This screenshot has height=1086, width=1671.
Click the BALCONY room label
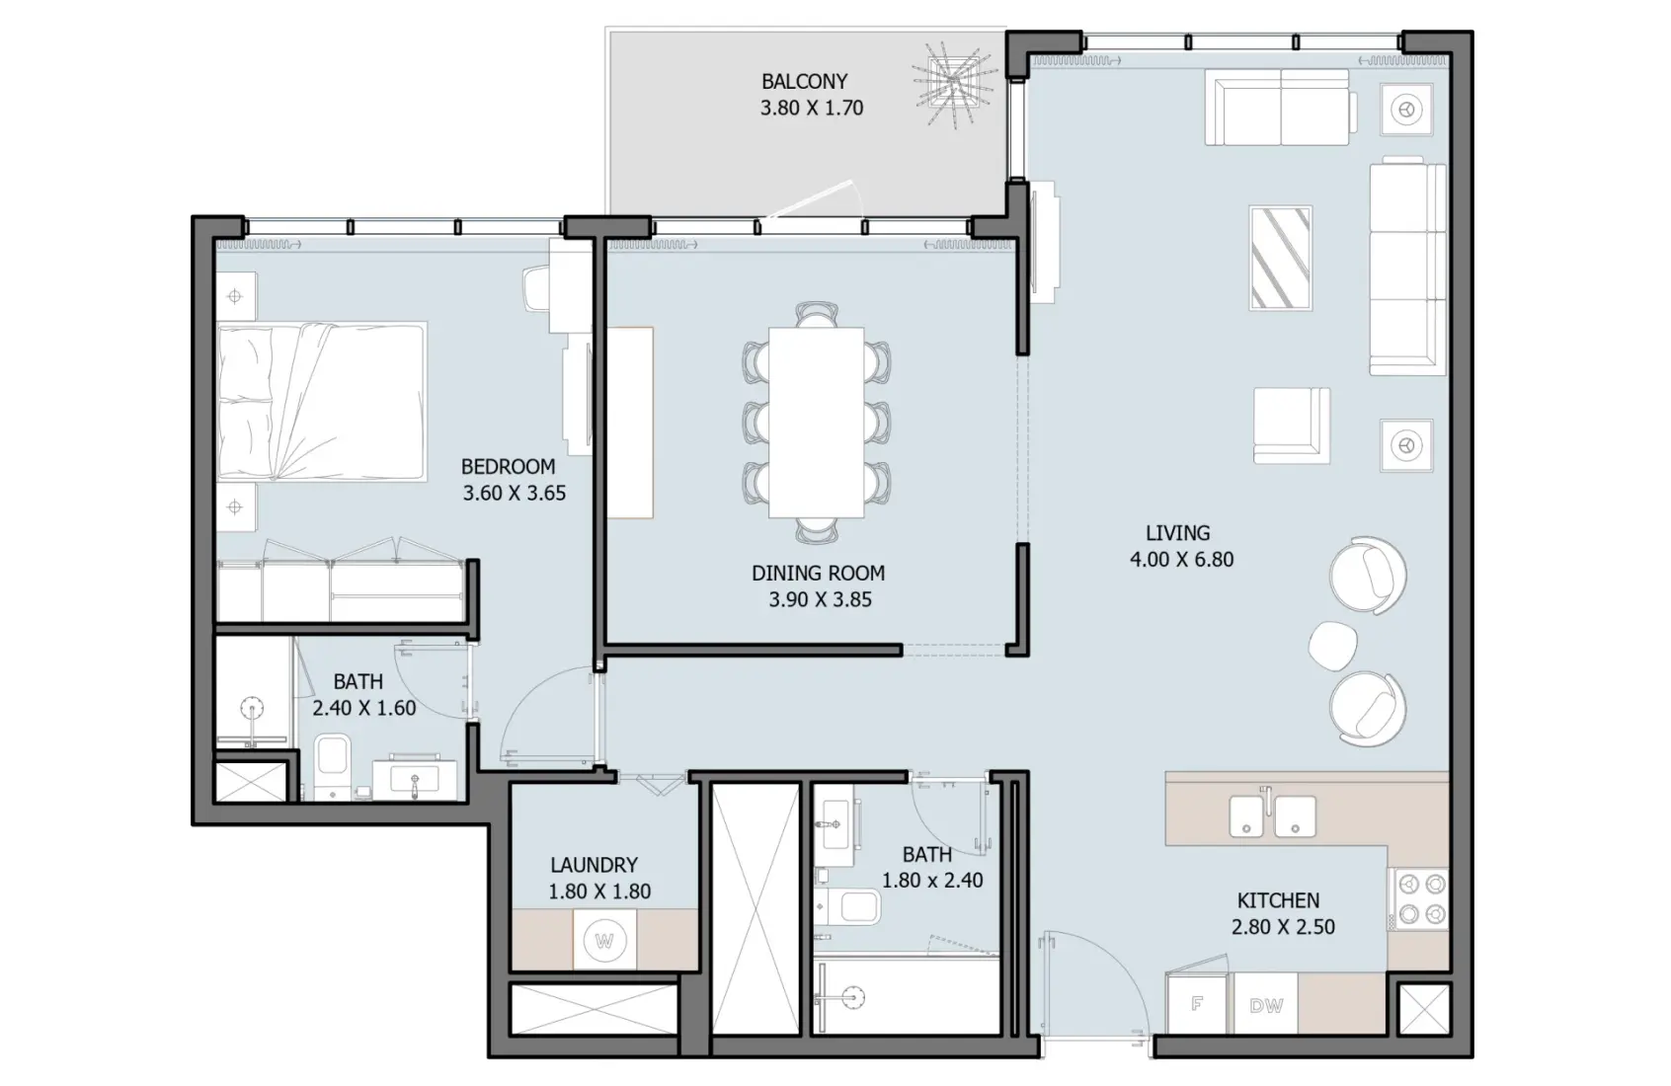pyautogui.click(x=804, y=82)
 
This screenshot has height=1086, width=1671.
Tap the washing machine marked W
pyautogui.click(x=604, y=941)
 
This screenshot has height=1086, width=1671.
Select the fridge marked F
pyautogui.click(x=1198, y=1004)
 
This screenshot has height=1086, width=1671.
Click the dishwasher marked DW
pyautogui.click(x=1265, y=1005)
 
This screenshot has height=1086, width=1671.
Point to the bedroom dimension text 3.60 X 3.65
pyautogui.click(x=514, y=494)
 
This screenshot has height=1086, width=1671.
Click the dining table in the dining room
pyautogui.click(x=816, y=423)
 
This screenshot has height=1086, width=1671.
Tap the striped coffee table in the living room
pyautogui.click(x=1280, y=259)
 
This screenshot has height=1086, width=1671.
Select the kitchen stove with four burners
pyautogui.click(x=1418, y=898)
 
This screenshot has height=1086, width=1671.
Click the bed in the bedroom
pyautogui.click(x=321, y=402)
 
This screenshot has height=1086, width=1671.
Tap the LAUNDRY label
pyautogui.click(x=594, y=865)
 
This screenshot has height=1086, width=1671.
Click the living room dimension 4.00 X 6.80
pyautogui.click(x=1181, y=560)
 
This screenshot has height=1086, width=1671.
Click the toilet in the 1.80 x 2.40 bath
pyautogui.click(x=854, y=906)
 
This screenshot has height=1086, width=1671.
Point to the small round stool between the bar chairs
pyautogui.click(x=1333, y=644)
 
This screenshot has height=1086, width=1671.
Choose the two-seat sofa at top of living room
pyautogui.click(x=1278, y=107)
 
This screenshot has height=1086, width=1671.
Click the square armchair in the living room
pyautogui.click(x=1291, y=425)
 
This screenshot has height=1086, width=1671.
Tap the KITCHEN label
pyautogui.click(x=1278, y=900)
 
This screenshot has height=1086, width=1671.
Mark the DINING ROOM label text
pyautogui.click(x=818, y=573)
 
